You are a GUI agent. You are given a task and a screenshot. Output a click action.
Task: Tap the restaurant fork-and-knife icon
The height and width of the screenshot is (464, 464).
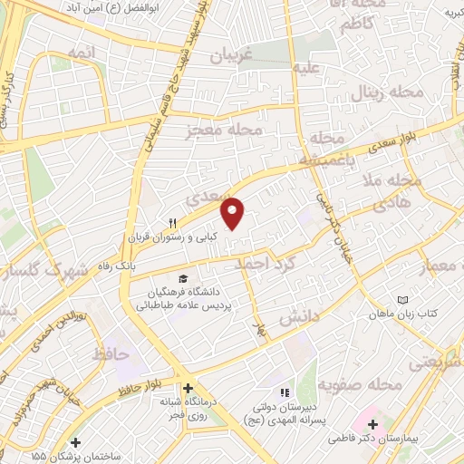(172, 222)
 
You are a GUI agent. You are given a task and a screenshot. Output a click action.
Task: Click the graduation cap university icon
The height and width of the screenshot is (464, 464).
(184, 278)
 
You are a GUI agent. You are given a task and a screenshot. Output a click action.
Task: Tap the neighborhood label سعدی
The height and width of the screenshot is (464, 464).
(204, 196)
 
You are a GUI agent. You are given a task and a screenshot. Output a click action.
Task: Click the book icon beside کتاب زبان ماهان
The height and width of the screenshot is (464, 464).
(404, 300)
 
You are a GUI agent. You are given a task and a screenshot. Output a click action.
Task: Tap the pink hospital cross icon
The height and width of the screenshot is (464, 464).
(373, 424)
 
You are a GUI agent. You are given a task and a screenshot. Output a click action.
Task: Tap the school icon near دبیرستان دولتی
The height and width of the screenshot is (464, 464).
(283, 392)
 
